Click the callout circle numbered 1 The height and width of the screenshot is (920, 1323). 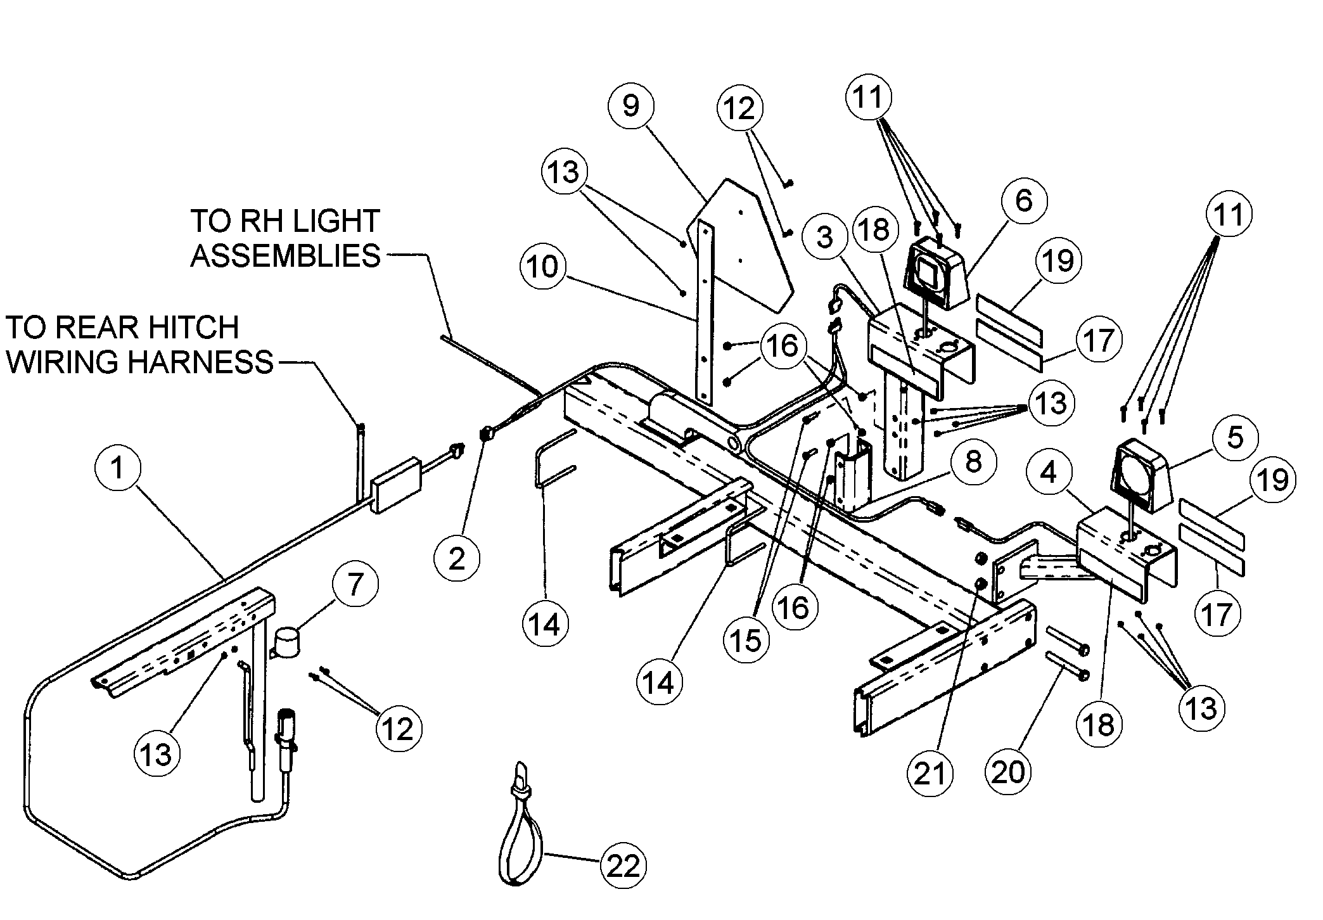tap(117, 469)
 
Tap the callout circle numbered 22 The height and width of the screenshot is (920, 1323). tap(623, 866)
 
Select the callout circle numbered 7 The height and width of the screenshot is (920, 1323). tap(355, 584)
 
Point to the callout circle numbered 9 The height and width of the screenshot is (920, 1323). tap(630, 106)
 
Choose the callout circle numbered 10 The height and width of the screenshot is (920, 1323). tap(542, 266)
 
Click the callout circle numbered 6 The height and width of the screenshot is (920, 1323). tap(1023, 201)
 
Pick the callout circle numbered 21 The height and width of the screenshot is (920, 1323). tap(930, 773)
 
